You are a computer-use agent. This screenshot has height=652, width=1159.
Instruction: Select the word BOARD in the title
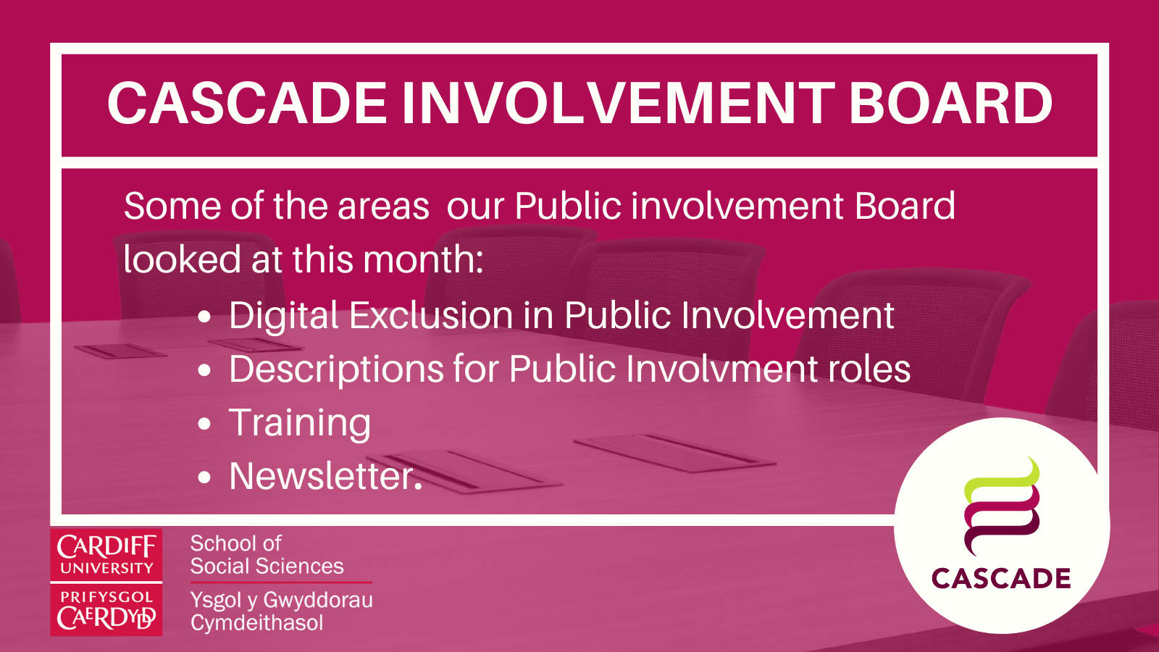click(x=950, y=103)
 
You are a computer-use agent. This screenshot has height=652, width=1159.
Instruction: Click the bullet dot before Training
click(x=205, y=425)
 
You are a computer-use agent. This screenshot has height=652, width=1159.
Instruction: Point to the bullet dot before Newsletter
click(x=205, y=478)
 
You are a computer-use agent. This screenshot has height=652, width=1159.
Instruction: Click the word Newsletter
click(x=325, y=477)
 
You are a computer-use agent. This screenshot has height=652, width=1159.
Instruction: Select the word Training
click(x=300, y=423)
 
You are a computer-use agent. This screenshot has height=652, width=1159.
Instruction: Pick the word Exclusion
click(x=432, y=316)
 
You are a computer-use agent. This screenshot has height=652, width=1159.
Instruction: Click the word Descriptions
click(x=335, y=369)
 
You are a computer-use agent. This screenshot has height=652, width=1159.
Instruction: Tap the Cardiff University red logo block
click(x=106, y=555)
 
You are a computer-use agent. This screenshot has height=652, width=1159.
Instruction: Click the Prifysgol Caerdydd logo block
click(x=106, y=611)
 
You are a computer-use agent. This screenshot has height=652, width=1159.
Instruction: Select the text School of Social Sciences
click(x=267, y=555)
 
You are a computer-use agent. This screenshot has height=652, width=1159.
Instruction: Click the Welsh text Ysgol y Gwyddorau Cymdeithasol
click(x=281, y=611)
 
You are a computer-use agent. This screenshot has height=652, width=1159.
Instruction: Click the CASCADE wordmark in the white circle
click(x=1001, y=579)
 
